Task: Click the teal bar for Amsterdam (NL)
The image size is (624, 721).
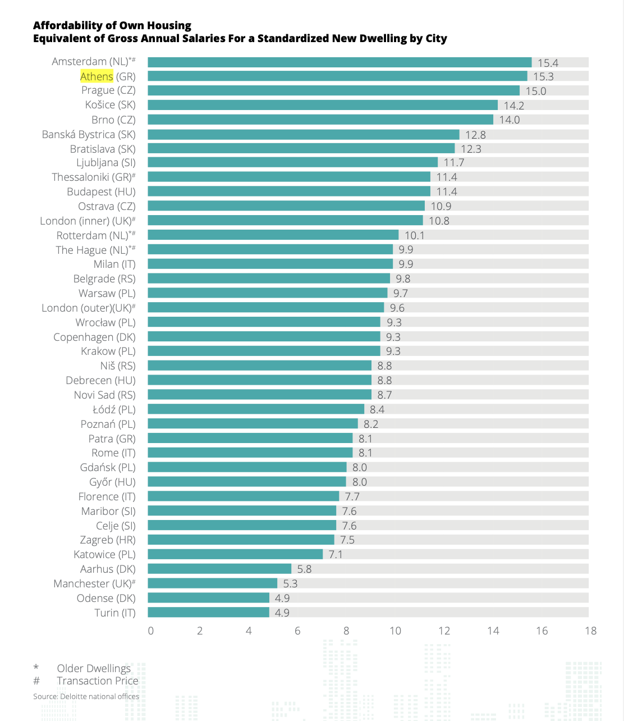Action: pyautogui.click(x=339, y=62)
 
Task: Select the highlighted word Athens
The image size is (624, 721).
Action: pyautogui.click(x=97, y=76)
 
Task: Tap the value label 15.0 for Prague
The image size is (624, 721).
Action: pyautogui.click(x=535, y=91)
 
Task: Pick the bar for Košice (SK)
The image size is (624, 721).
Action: pyautogui.click(x=323, y=105)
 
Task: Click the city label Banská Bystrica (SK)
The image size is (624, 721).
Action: pyautogui.click(x=89, y=135)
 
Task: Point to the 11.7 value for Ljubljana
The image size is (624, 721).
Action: pyautogui.click(x=454, y=163)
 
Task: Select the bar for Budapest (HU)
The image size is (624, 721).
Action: pyautogui.click(x=289, y=191)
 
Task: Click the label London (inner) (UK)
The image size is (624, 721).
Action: pyautogui.click(x=88, y=221)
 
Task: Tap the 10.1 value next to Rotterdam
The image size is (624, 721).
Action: pyautogui.click(x=415, y=235)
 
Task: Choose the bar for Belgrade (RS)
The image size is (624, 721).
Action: pyautogui.click(x=269, y=279)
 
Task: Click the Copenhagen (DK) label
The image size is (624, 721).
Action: pyautogui.click(x=94, y=337)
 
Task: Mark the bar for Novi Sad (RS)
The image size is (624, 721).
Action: pyautogui.click(x=259, y=395)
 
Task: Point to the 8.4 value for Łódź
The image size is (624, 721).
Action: pyautogui.click(x=377, y=409)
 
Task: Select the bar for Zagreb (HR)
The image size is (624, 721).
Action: pyautogui.click(x=241, y=540)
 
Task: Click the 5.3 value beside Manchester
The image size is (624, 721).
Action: pyautogui.click(x=290, y=583)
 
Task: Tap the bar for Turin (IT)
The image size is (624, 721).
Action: pyautogui.click(x=208, y=613)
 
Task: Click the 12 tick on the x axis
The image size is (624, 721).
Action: pyautogui.click(x=444, y=631)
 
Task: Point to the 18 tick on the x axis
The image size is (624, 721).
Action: pyautogui.click(x=590, y=631)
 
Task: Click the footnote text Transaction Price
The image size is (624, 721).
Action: pyautogui.click(x=97, y=681)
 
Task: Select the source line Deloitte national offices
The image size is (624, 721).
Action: pyautogui.click(x=86, y=696)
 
